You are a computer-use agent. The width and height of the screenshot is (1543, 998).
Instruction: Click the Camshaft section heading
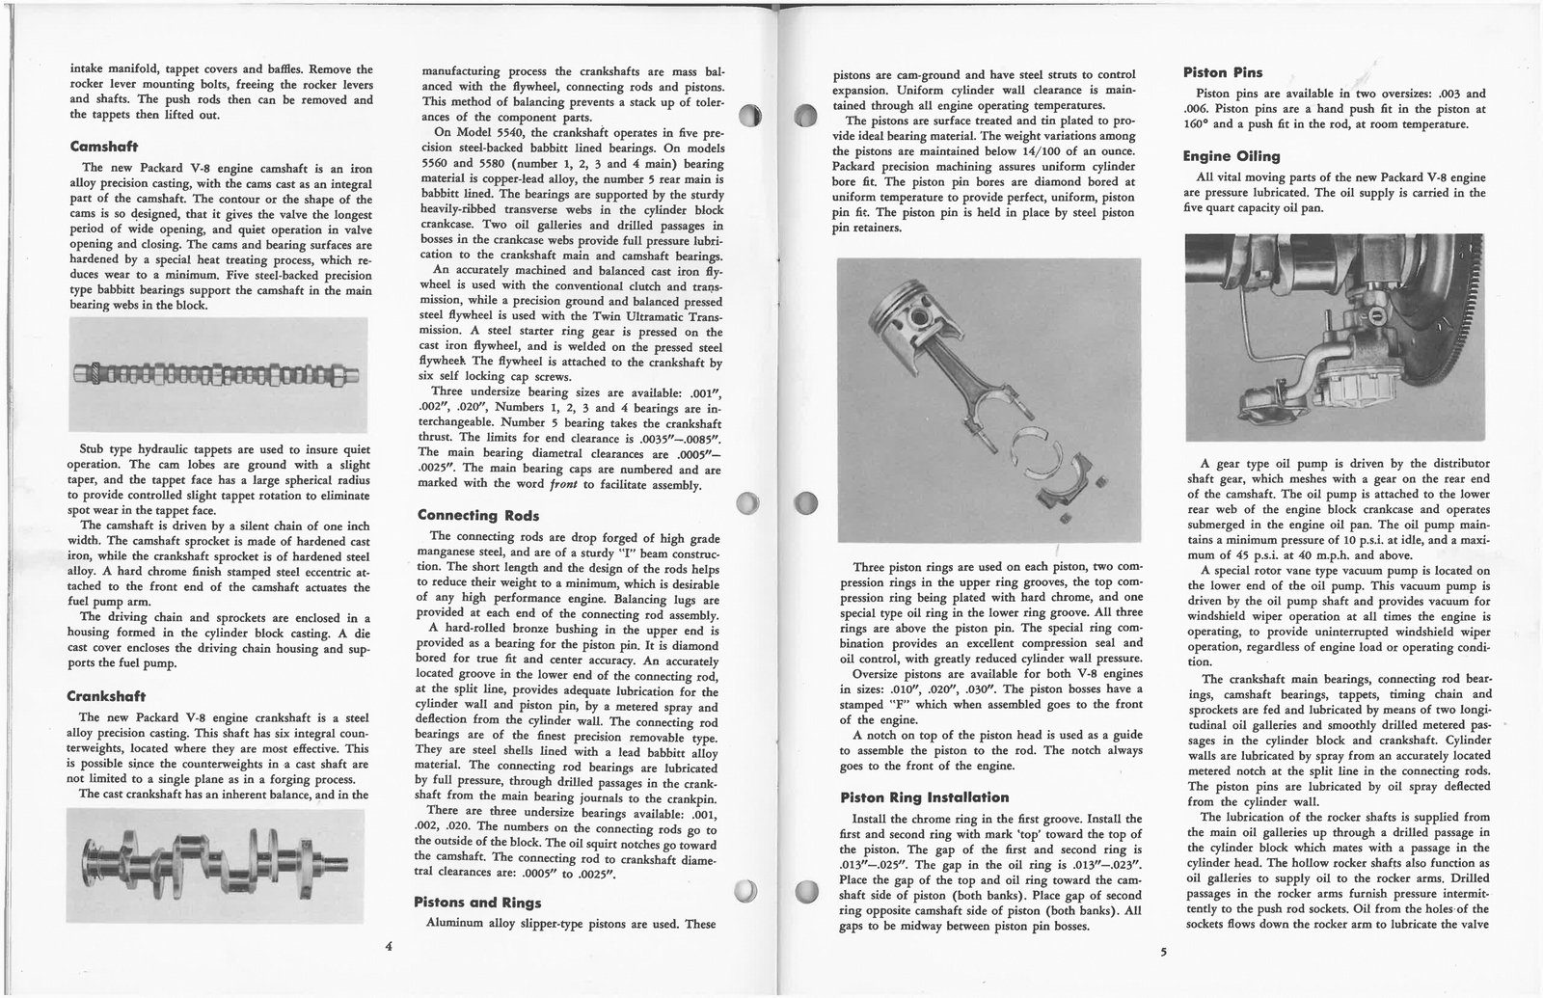[x=104, y=148]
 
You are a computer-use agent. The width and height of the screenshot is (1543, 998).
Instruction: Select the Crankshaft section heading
[x=106, y=696]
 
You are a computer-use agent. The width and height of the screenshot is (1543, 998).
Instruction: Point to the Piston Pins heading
[x=1223, y=72]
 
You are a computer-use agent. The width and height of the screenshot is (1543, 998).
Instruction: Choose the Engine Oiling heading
[x=1232, y=156]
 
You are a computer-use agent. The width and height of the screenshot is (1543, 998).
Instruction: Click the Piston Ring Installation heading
[x=924, y=797]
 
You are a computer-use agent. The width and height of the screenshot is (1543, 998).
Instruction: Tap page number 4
[x=388, y=946]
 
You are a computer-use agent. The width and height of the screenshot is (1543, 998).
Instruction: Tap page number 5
[x=1163, y=952]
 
